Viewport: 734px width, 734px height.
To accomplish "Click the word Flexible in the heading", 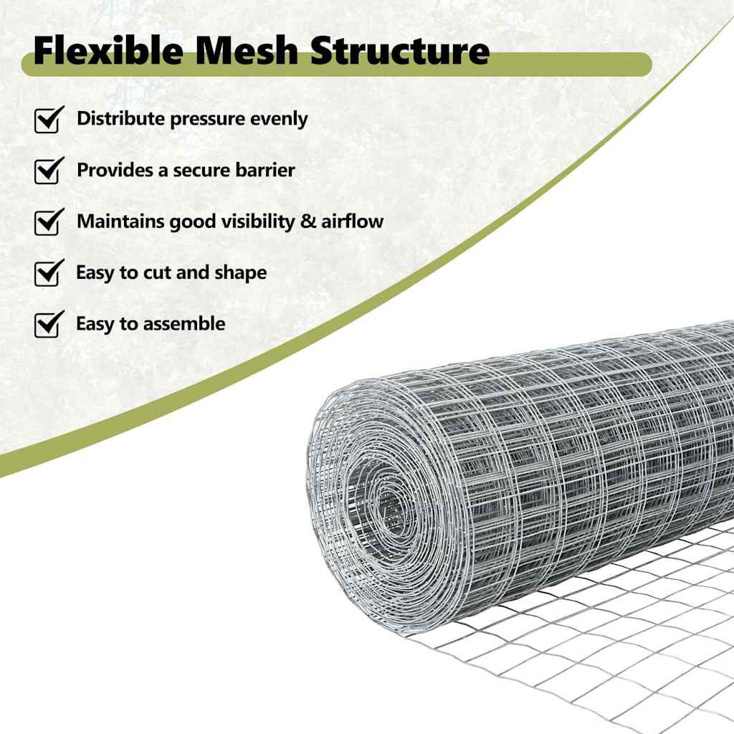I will pyautogui.click(x=97, y=52).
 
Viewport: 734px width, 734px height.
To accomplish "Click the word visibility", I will pyautogui.click(x=257, y=221).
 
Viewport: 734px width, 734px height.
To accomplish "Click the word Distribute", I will pyautogui.click(x=120, y=119).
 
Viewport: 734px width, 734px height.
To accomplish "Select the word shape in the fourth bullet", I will pyautogui.click(x=240, y=273).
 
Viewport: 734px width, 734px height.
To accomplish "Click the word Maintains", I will pyautogui.click(x=120, y=221).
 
